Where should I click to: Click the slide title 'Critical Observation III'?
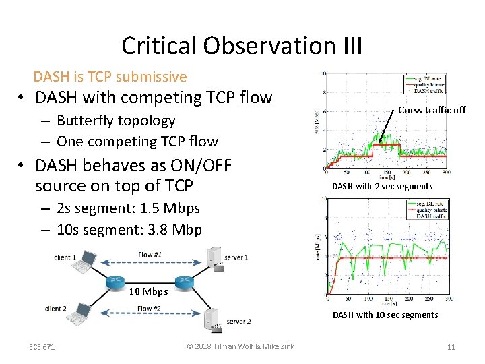tap(242, 46)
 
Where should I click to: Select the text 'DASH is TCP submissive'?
tap(110, 77)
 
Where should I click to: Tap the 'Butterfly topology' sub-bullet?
tap(116, 121)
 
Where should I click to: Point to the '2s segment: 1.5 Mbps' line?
tap(128, 208)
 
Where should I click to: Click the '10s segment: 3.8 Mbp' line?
tap(129, 229)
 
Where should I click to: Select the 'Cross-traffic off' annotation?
tap(431, 110)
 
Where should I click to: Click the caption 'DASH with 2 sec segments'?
tap(382, 186)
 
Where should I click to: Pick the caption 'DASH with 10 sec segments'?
tap(385, 315)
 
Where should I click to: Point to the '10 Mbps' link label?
tap(144, 291)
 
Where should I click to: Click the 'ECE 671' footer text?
tap(42, 347)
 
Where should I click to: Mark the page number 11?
tap(451, 347)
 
